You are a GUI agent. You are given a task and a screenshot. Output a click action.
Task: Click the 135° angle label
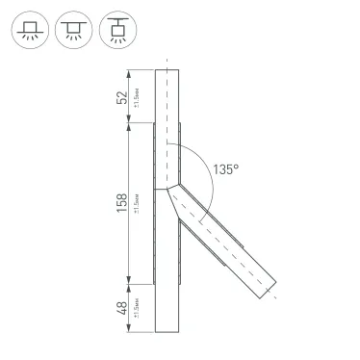(225, 168)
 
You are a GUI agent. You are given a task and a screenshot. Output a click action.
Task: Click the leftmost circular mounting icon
(29, 33)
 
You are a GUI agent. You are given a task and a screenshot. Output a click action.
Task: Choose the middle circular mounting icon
(74, 33)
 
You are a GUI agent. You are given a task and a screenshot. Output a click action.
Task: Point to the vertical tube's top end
(167, 70)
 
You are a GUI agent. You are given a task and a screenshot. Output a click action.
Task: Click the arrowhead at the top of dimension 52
(128, 72)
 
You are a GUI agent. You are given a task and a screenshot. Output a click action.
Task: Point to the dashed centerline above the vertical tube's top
(167, 64)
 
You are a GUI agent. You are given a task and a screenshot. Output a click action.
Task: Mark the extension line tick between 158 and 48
(128, 284)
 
